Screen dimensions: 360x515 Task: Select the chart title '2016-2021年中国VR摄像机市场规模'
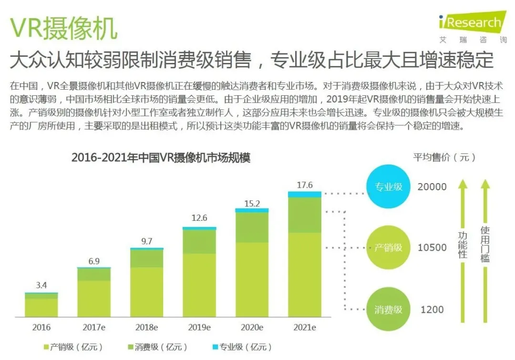tap(161, 158)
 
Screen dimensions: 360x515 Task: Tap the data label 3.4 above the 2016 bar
tap(41, 286)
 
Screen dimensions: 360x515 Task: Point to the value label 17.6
tap(304, 185)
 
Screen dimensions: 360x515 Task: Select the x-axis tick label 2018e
tap(147, 328)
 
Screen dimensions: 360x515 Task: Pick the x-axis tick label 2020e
tap(252, 328)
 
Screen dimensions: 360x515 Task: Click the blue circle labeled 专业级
tap(388, 187)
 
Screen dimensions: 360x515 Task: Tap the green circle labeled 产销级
tap(388, 247)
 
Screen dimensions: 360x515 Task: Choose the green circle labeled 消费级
tap(388, 309)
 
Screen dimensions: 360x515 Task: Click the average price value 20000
tap(432, 187)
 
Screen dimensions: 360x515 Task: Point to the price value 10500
tap(432, 247)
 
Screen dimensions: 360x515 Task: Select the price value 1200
tap(432, 309)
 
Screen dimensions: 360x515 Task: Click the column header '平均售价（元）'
tap(444, 157)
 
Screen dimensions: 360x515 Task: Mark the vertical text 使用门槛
tap(485, 244)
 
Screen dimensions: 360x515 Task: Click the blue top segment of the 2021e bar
tap(304, 194)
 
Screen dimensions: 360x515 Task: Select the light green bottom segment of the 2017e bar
tap(94, 299)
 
